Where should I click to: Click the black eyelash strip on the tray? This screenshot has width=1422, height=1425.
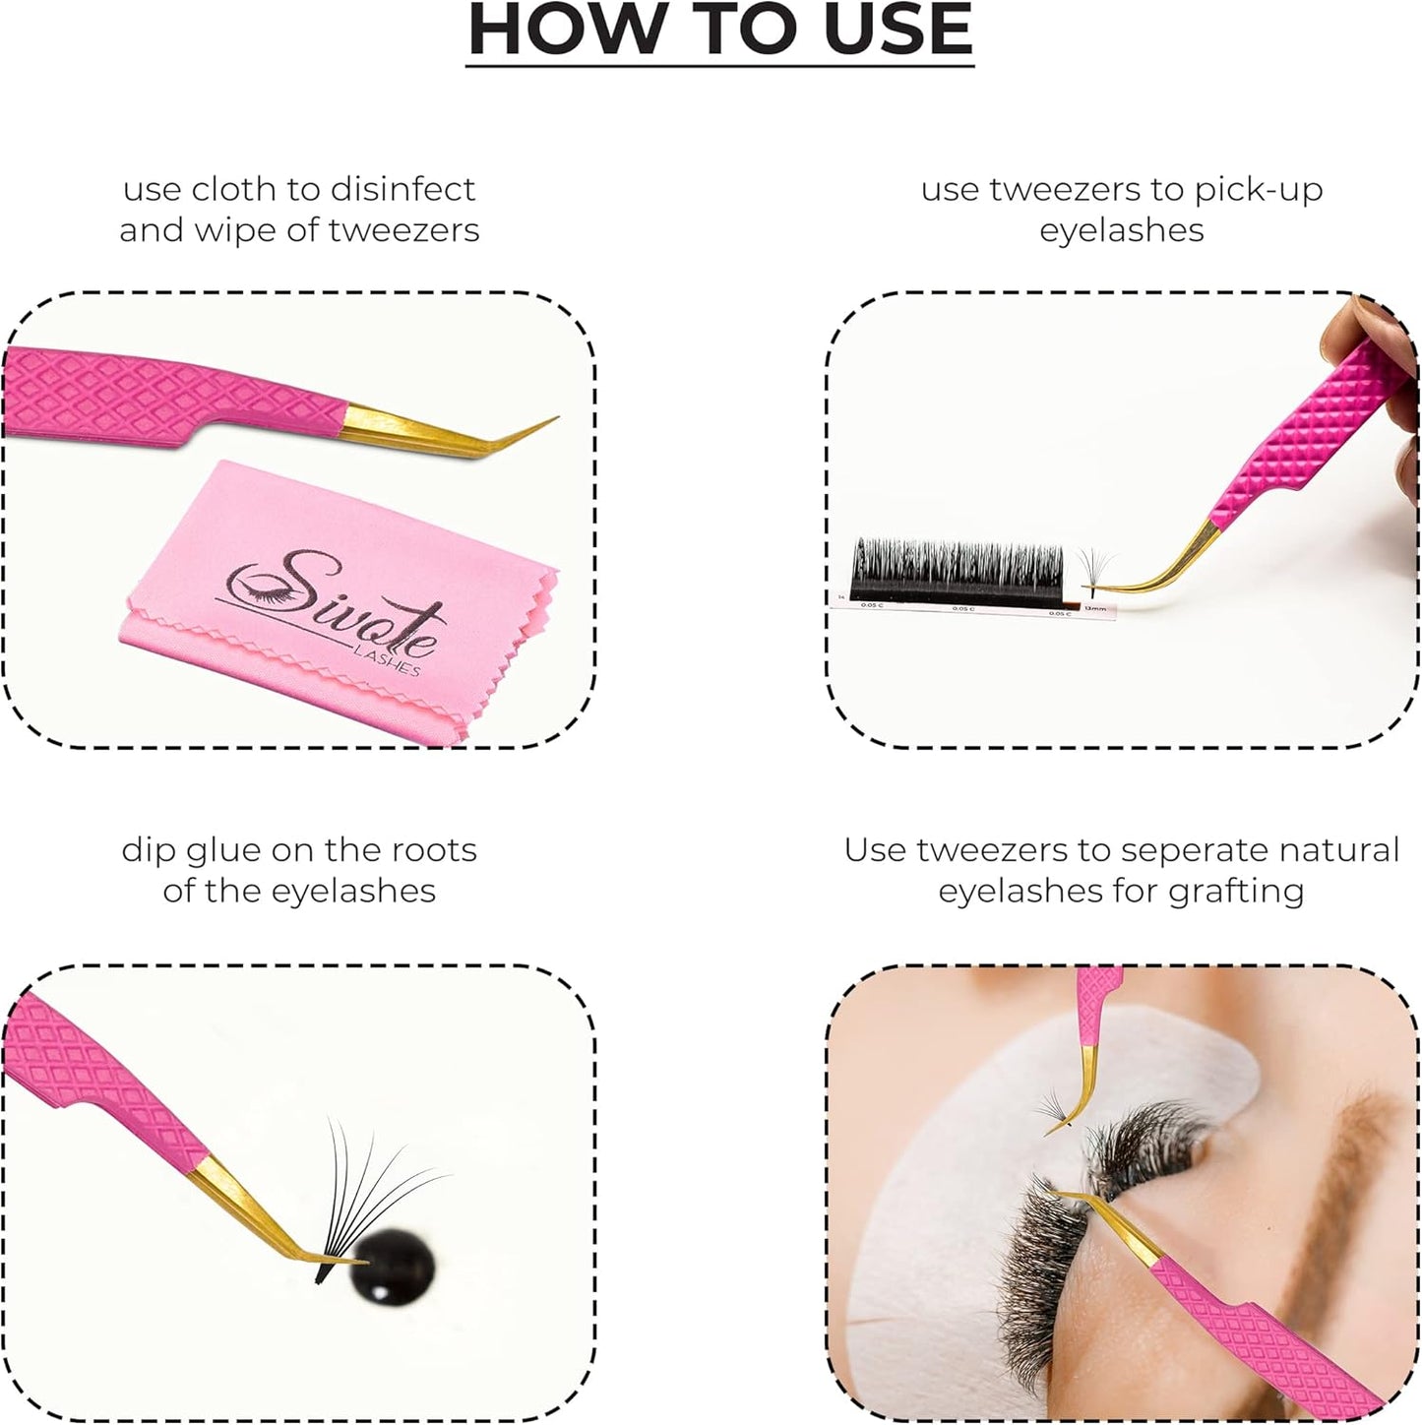pyautogui.click(x=955, y=571)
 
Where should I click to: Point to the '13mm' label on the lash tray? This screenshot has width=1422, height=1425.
pyautogui.click(x=1094, y=609)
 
